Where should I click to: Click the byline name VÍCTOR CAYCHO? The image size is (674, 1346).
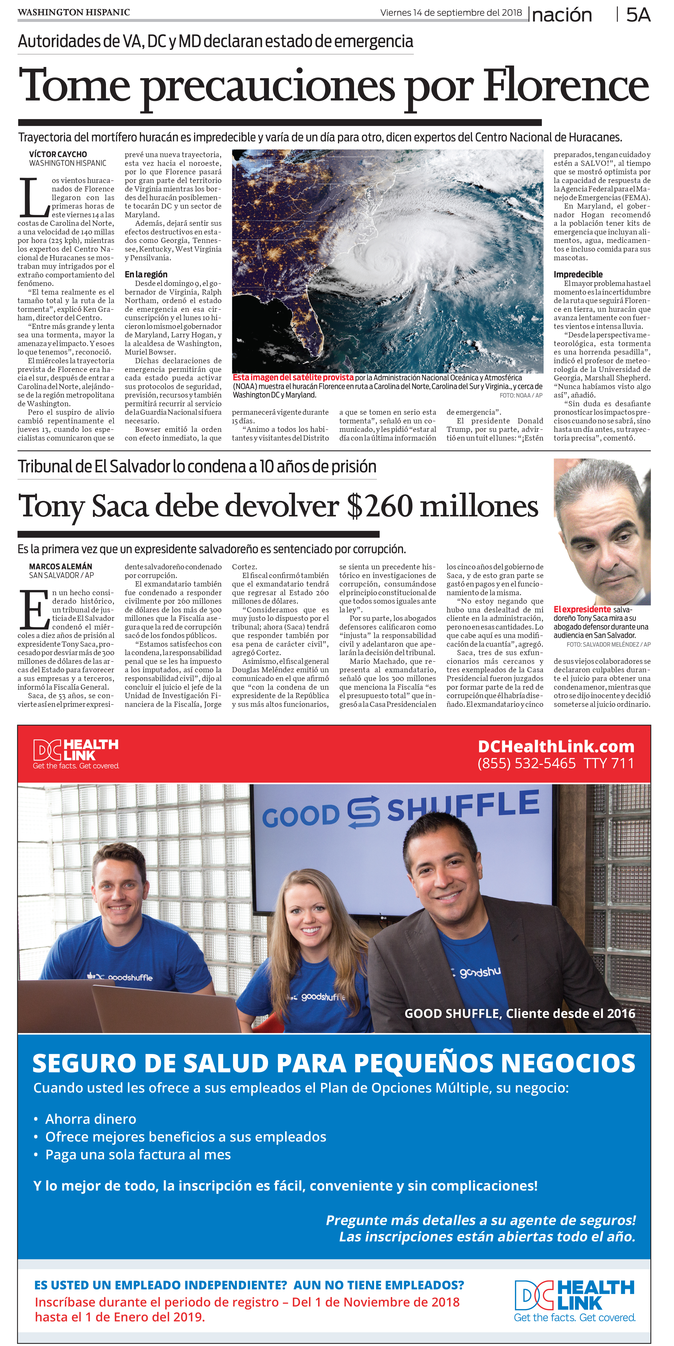pyautogui.click(x=58, y=154)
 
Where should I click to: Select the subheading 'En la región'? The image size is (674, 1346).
pyautogui.click(x=146, y=274)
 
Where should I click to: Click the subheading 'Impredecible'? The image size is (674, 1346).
pyautogui.click(x=578, y=274)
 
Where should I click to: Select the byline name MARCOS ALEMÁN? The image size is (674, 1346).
pyautogui.click(x=61, y=566)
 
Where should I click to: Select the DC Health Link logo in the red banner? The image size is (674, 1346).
pyautogui.click(x=76, y=753)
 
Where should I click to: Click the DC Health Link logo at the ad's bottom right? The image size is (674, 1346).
pyautogui.click(x=574, y=1301)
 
